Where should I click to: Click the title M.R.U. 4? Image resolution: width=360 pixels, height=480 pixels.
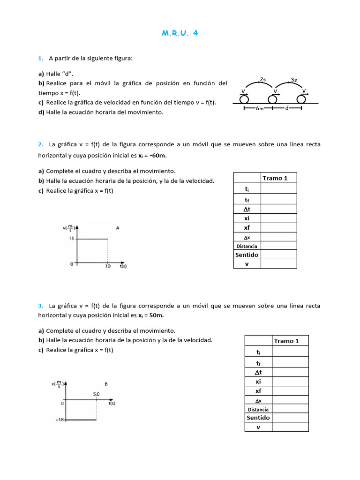(x=180, y=33)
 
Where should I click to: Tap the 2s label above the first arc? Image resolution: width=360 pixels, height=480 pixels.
(x=263, y=79)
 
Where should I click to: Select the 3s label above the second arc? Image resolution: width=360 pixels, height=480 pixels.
(x=294, y=80)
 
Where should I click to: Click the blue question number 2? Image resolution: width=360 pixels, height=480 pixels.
(x=41, y=144)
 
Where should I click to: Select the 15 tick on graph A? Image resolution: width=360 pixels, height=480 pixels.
(x=71, y=239)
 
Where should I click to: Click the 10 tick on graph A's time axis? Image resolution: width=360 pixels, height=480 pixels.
(x=108, y=266)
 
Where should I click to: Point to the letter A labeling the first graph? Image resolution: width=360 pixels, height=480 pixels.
(x=118, y=228)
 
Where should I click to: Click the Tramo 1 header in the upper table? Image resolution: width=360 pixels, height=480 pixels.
(x=278, y=178)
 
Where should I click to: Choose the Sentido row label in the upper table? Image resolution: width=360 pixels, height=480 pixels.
(x=247, y=255)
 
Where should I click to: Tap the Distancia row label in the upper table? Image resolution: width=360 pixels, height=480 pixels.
(x=247, y=246)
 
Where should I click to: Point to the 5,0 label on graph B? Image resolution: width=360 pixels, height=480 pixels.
(x=96, y=394)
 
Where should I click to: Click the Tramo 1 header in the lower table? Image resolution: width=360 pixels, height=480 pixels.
(x=290, y=341)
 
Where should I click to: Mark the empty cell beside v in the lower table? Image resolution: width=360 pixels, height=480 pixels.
(x=290, y=427)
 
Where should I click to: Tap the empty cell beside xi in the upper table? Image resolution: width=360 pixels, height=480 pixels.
(x=278, y=218)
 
